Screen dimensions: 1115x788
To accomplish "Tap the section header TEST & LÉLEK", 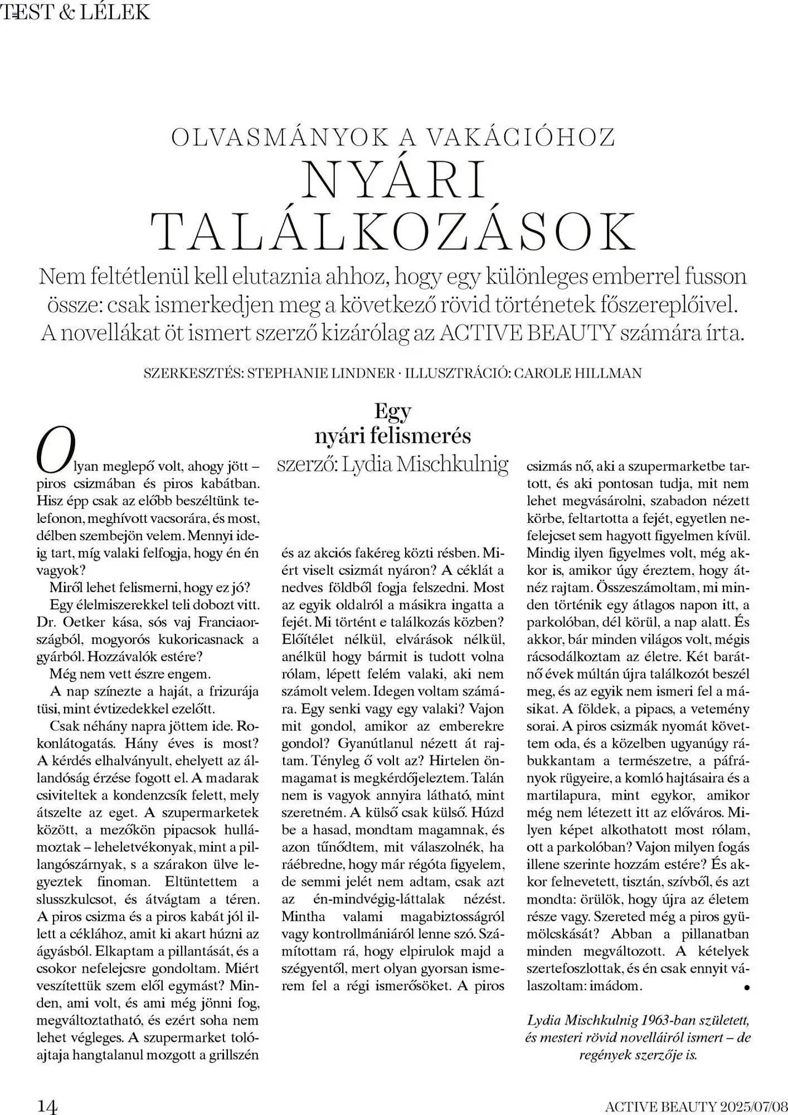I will tap(76, 12).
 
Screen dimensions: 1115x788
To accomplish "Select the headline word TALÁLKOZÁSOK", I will tap(393, 231).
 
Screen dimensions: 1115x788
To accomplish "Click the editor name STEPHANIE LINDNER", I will tap(320, 373).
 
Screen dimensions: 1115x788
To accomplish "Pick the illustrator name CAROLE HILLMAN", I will tap(577, 373).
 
